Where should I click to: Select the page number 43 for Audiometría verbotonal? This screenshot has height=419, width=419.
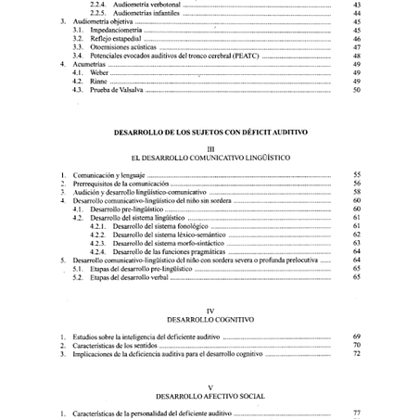[357, 5]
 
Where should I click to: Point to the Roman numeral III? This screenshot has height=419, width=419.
[210, 147]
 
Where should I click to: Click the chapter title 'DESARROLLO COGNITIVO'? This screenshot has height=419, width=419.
[210, 320]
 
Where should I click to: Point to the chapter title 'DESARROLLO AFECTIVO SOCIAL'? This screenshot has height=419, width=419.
[210, 395]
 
